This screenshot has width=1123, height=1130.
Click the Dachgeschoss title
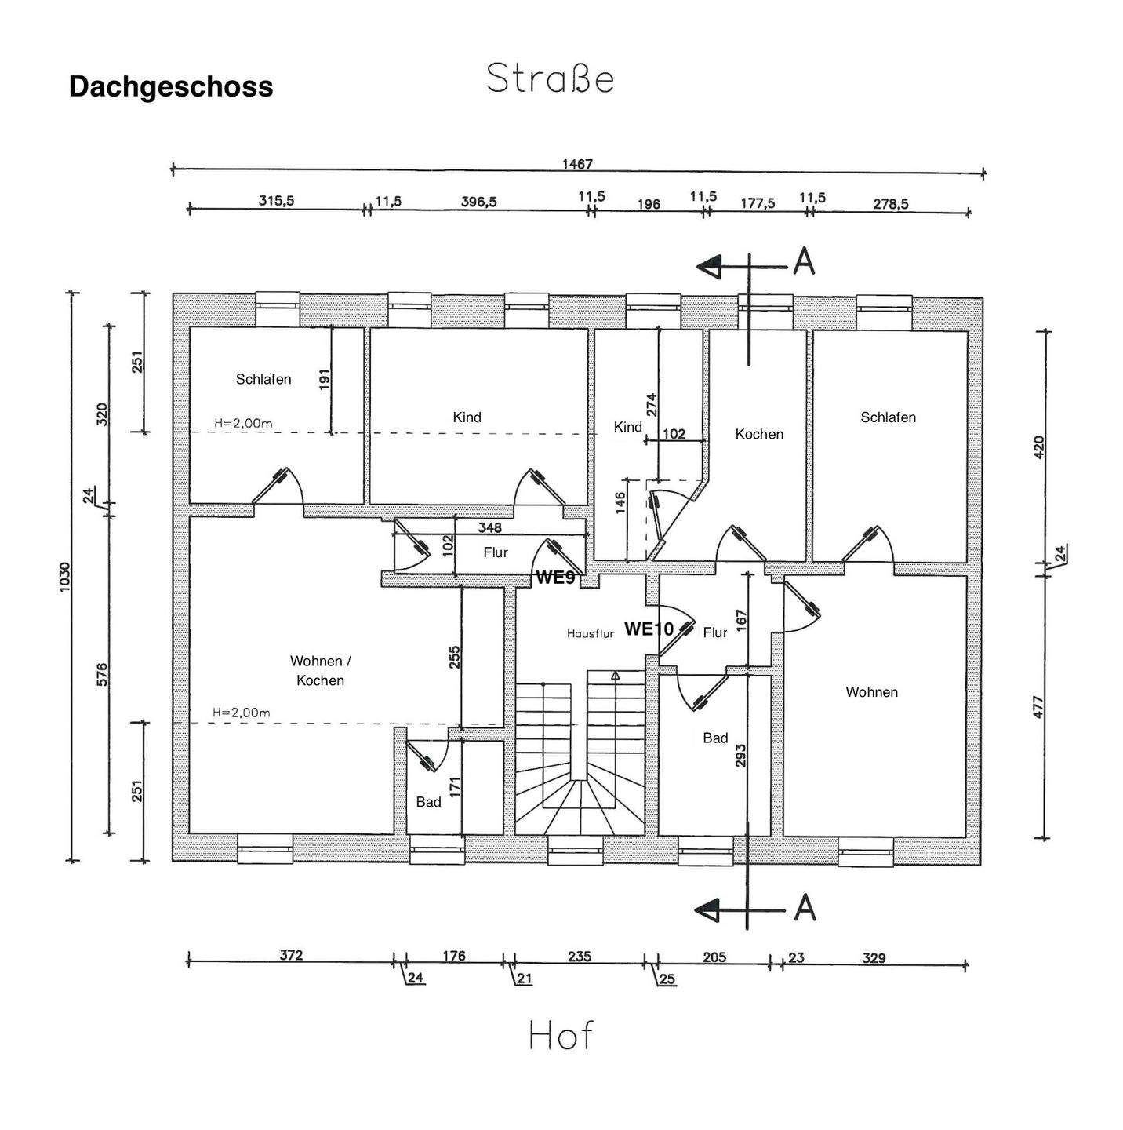(x=171, y=86)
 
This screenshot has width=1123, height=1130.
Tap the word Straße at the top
(x=550, y=78)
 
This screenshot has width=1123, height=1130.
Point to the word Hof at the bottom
(x=561, y=1036)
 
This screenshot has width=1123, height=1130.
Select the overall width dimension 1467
(x=577, y=164)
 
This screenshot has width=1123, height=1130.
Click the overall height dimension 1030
(x=65, y=576)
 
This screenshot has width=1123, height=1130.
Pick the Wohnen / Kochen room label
(x=320, y=670)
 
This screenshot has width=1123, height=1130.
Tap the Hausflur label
(x=591, y=633)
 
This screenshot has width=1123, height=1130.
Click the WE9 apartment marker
(x=555, y=578)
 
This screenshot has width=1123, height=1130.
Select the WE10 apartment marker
(x=649, y=629)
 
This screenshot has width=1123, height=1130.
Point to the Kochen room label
(x=759, y=434)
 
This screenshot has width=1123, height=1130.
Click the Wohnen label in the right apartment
(x=871, y=692)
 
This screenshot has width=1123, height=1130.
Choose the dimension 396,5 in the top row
(x=478, y=202)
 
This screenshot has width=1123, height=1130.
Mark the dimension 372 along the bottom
(x=291, y=955)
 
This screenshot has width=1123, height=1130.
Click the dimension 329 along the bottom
(x=874, y=957)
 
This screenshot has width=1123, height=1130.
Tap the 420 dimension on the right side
(x=1040, y=447)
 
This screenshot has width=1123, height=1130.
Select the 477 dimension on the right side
(x=1040, y=707)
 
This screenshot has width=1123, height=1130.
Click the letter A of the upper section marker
(x=804, y=262)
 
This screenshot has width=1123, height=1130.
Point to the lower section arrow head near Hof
(x=708, y=910)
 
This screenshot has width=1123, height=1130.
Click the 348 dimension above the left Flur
(x=489, y=528)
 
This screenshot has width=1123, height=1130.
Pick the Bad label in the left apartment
(x=428, y=802)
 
